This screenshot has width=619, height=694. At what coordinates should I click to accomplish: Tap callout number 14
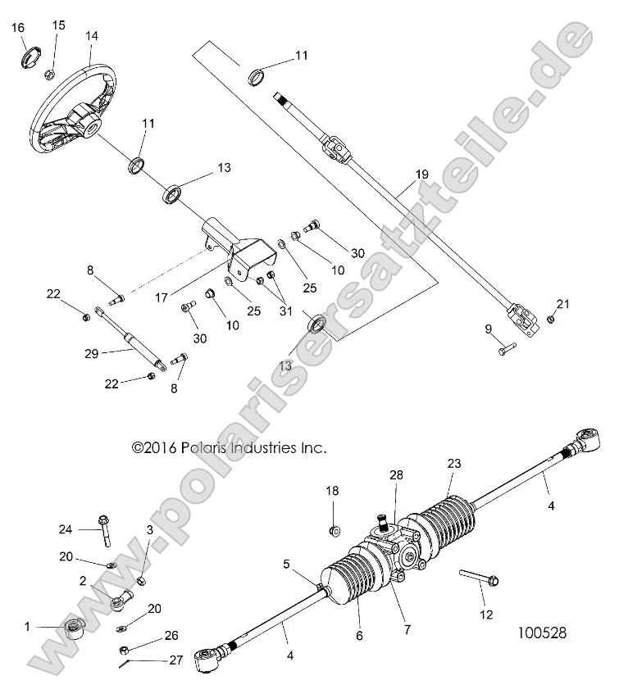tap(91, 36)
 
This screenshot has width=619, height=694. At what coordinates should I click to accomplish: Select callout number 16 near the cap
tap(18, 29)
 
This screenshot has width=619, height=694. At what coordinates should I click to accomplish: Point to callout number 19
tap(421, 175)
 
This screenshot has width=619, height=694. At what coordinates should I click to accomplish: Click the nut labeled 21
tap(551, 319)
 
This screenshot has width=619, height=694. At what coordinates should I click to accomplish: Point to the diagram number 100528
tap(542, 633)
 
